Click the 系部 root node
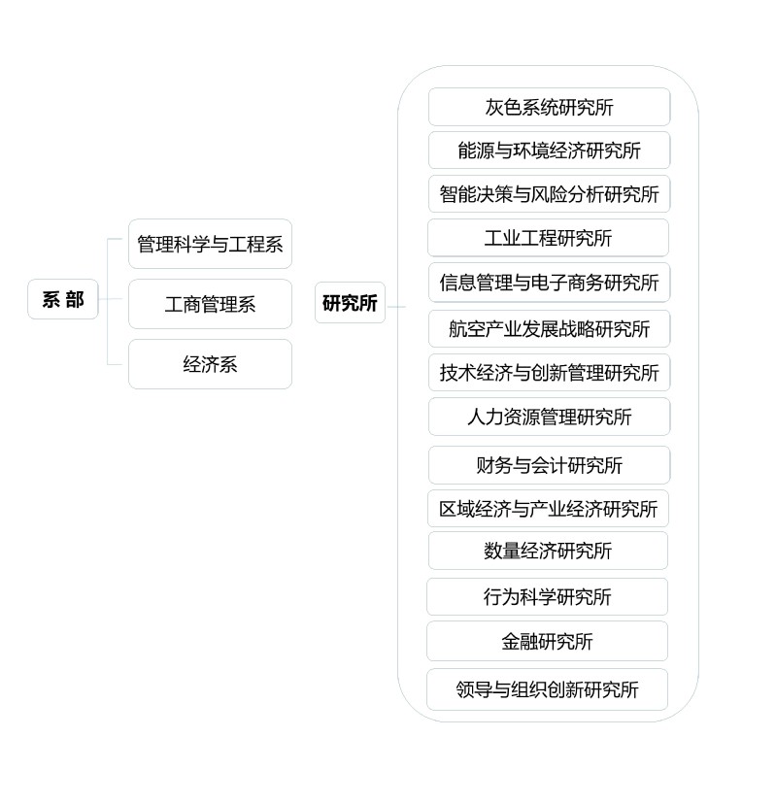pos(63,300)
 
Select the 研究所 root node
pos(350,303)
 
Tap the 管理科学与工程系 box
pos(210,244)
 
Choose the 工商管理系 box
pos(210,304)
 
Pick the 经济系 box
pos(210,364)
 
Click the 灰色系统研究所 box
pos(549,107)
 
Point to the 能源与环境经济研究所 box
pos(549,151)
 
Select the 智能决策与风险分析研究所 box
pos(549,194)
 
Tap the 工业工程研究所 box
pos(549,238)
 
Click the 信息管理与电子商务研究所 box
pos(549,283)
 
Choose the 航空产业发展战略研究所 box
pos(549,328)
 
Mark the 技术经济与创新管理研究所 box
pos(549,373)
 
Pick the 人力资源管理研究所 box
pos(549,417)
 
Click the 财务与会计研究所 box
pos(549,465)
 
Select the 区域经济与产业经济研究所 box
pos(549,509)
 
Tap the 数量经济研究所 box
pos(549,551)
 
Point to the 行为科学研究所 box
pos(548,596)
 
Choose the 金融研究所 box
pos(548,641)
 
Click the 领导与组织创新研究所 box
pos(548,689)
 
